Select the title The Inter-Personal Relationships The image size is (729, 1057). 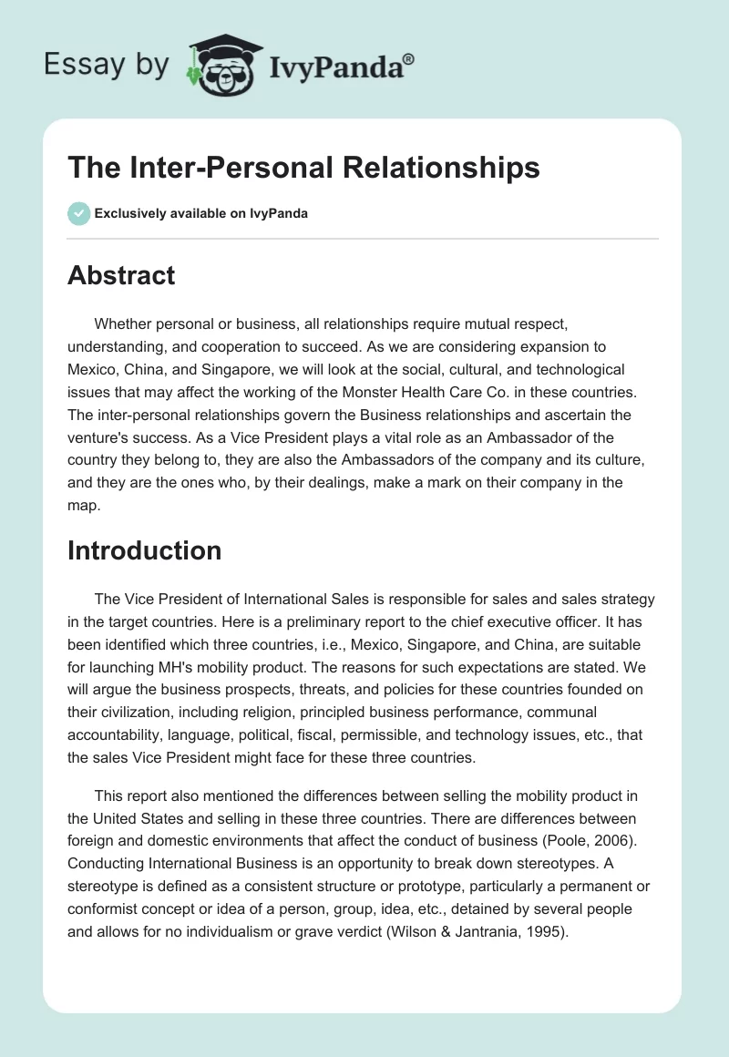303,168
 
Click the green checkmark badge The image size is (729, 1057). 77,213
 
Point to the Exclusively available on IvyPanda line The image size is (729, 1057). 201,213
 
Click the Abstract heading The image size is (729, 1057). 121,276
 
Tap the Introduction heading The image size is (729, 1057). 144,550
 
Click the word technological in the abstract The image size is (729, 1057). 578,369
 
